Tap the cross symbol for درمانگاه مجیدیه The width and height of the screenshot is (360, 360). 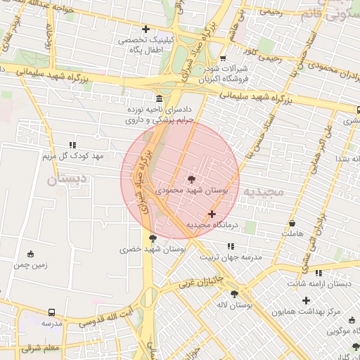click(212, 214)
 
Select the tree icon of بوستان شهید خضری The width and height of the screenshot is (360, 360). click(153, 239)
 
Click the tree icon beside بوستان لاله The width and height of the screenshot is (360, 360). click(234, 294)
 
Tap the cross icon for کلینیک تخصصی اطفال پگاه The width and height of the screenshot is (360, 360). click(146, 29)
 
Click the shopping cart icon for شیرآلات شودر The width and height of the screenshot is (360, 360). click(223, 58)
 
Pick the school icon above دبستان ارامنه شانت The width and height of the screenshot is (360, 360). click(319, 273)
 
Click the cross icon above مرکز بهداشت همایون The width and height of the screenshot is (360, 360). click(306, 300)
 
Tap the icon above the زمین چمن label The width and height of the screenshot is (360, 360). click(30, 254)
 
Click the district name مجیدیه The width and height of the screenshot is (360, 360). click(261, 191)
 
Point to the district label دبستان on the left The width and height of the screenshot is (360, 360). click(69, 180)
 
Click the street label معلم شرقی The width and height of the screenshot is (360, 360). click(41, 348)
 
